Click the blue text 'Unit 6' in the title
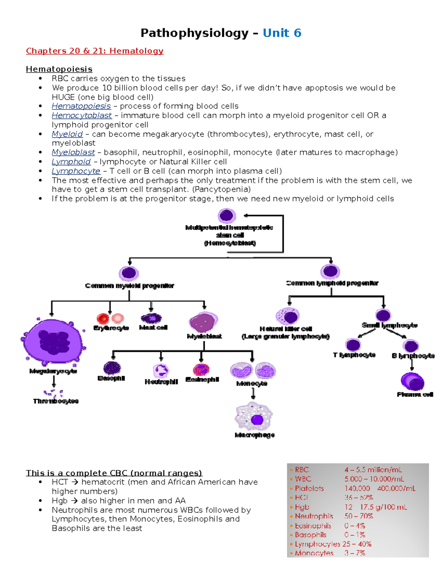click(282, 33)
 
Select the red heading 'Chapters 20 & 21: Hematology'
click(95, 51)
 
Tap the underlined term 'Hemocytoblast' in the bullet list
click(81, 115)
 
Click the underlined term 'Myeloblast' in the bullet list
click(73, 152)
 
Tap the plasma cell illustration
click(413, 382)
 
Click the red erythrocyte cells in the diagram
click(110, 318)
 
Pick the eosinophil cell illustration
click(201, 369)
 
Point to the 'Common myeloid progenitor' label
click(129, 286)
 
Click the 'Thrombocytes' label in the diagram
click(56, 401)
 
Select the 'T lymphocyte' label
click(354, 355)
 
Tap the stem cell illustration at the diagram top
click(227, 215)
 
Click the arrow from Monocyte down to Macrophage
click(253, 394)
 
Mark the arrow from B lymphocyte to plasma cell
click(412, 364)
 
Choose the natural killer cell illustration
click(288, 316)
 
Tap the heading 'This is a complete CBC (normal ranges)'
click(114, 473)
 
